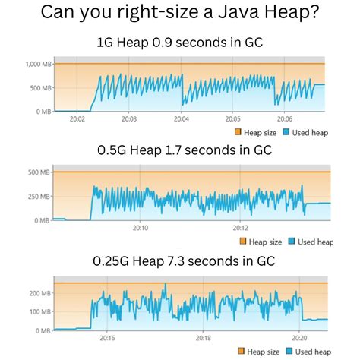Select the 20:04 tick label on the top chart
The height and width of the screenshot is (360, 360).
(181, 118)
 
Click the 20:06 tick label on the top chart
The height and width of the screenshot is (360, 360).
(285, 118)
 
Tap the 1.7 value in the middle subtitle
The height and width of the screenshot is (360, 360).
(175, 150)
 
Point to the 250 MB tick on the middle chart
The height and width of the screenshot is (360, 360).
(38, 196)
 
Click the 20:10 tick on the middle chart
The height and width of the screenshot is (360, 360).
(141, 228)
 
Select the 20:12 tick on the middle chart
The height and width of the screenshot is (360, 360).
(241, 228)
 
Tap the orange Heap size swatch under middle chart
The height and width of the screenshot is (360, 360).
(243, 242)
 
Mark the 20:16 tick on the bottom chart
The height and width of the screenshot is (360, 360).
(107, 338)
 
